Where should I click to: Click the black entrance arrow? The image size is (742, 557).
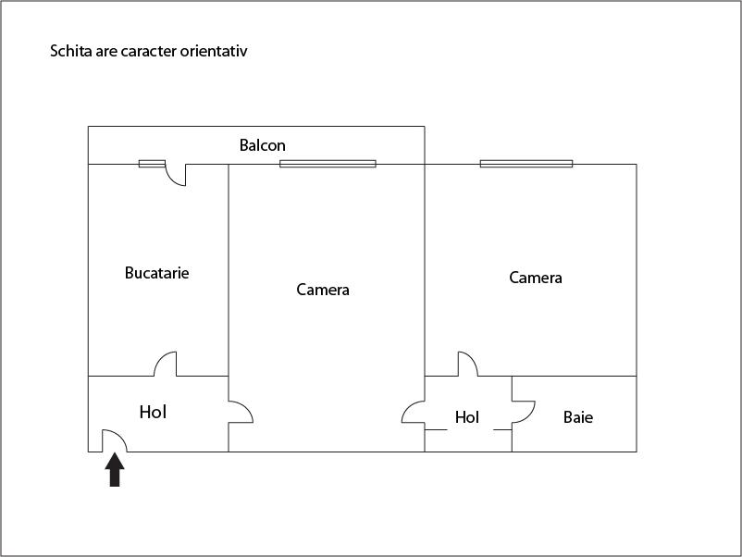pyautogui.click(x=115, y=469)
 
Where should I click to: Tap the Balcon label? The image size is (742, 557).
pyautogui.click(x=262, y=145)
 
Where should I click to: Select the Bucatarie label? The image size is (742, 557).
pyautogui.click(x=156, y=273)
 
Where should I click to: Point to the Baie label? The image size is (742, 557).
pyautogui.click(x=578, y=417)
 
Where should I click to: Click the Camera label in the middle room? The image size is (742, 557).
pyautogui.click(x=323, y=290)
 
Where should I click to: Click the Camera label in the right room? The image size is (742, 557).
pyautogui.click(x=535, y=278)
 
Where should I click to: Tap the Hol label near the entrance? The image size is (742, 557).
pyautogui.click(x=153, y=412)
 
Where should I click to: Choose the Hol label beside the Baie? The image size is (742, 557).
pyautogui.click(x=467, y=417)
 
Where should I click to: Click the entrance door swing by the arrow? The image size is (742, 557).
pyautogui.click(x=115, y=440)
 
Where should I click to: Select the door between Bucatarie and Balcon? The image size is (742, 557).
pyautogui.click(x=175, y=175)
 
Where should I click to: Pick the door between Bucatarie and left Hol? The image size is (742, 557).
pyautogui.click(x=166, y=364)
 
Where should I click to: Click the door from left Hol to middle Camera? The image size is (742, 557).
pyautogui.click(x=241, y=412)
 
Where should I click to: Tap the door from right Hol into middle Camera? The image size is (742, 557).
pyautogui.click(x=414, y=412)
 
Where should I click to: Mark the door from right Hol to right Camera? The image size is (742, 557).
pyautogui.click(x=468, y=364)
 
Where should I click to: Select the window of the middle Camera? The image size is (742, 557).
pyautogui.click(x=328, y=164)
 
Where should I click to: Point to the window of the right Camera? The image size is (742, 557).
pyautogui.click(x=526, y=164)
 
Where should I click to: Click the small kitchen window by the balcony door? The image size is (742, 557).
pyautogui.click(x=152, y=164)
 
